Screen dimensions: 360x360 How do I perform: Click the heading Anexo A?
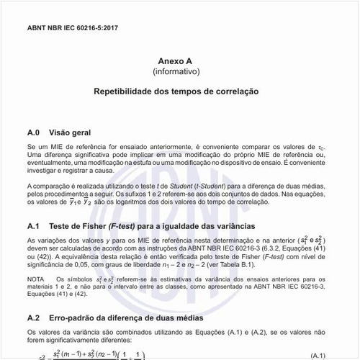tap(181, 62)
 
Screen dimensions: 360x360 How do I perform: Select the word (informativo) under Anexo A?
tap(181, 72)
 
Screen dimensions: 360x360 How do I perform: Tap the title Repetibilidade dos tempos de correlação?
tap(180, 93)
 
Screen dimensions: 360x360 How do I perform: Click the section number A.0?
tap(33, 133)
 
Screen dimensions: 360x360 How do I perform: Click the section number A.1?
tap(33, 226)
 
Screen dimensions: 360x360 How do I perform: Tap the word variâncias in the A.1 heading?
tap(235, 226)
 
